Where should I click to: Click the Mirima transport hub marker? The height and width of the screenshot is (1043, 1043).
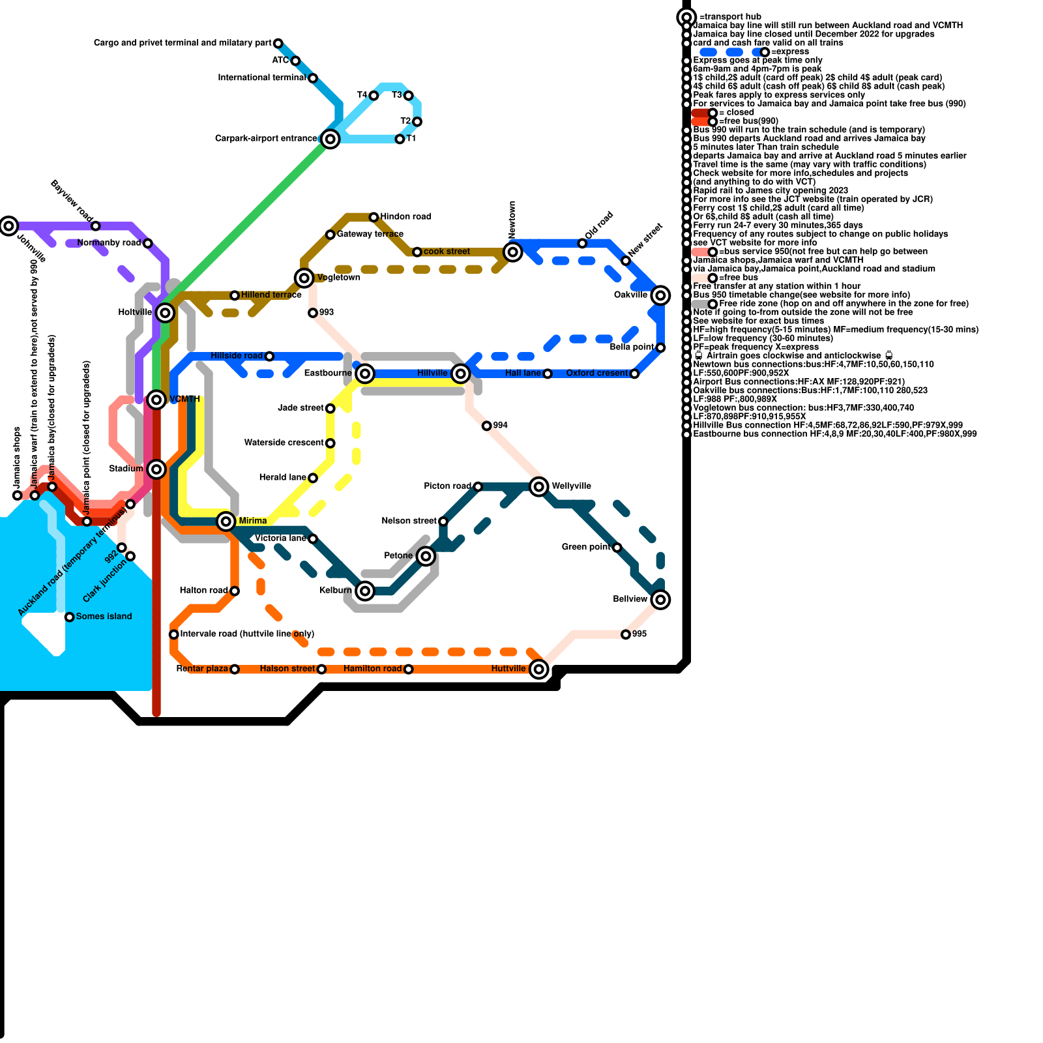(x=226, y=521)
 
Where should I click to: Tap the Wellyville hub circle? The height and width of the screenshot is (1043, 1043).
(x=538, y=486)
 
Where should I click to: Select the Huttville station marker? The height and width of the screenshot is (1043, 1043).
(x=538, y=669)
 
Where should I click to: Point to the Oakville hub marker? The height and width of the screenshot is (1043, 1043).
(x=660, y=295)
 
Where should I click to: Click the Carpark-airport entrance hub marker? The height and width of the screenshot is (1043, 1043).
(x=331, y=139)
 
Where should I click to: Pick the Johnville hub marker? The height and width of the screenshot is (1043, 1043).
(x=8, y=226)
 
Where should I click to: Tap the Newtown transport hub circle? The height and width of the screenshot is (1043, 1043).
(x=513, y=252)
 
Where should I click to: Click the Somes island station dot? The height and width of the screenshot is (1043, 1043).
(x=70, y=617)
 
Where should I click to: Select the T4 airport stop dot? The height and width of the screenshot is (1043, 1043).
(x=374, y=96)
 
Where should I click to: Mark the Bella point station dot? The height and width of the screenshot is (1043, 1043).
(x=660, y=347)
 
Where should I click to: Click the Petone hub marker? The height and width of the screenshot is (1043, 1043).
(x=426, y=556)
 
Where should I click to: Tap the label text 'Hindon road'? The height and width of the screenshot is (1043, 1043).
(x=405, y=216)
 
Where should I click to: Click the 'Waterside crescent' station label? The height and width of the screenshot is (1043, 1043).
(x=284, y=443)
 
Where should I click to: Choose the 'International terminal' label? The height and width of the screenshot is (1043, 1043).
(x=262, y=78)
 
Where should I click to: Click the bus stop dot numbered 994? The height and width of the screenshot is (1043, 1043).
(x=486, y=426)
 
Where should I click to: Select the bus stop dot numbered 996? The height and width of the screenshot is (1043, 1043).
(x=626, y=634)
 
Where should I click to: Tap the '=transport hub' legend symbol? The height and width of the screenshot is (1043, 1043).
(x=686, y=17)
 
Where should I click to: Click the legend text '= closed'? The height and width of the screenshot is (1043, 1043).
(x=737, y=112)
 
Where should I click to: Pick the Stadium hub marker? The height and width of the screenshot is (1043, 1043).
(x=156, y=469)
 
